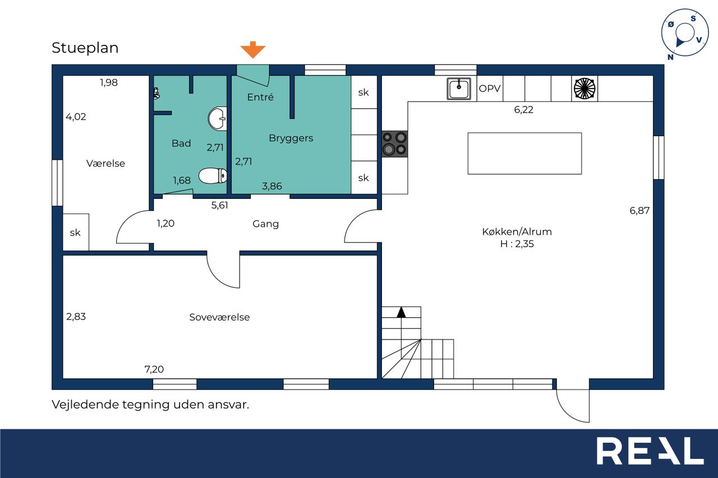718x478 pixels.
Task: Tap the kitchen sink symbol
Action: coord(459,89)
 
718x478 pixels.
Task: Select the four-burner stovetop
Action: coord(394,144)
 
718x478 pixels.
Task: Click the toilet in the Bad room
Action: coord(213,176)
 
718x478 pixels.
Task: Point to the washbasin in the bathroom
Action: coord(217,119)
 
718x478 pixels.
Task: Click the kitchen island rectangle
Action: coord(524,154)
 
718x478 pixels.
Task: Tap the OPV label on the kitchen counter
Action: coord(490,89)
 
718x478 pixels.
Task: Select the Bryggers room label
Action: coord(291,138)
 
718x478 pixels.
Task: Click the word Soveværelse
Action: coord(219,317)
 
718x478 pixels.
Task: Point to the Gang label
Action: coord(265,224)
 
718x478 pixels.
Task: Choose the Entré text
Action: coord(260,97)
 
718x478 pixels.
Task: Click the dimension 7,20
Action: coord(154,369)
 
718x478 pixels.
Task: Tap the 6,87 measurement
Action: coord(639,210)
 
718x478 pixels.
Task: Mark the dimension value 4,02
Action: coord(76,117)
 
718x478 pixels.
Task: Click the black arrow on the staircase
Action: coord(401,312)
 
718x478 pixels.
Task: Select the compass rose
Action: coord(685,33)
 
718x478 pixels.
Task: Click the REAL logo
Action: coord(650,451)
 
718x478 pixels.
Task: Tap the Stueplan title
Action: coord(85,48)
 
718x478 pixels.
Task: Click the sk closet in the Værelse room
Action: coord(76,232)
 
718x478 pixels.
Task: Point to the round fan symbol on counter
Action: coord(584,89)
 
